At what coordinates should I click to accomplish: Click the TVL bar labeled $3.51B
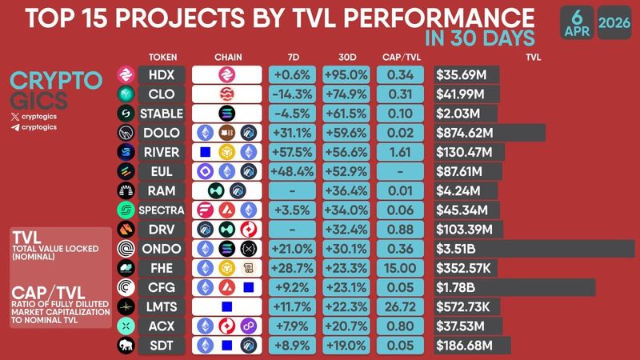tap(534, 249)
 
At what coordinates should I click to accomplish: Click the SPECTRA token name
tap(162, 210)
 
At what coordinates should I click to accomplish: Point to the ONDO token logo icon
tap(126, 249)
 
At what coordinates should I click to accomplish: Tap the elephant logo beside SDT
tap(126, 346)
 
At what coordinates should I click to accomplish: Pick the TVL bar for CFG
tap(514, 287)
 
